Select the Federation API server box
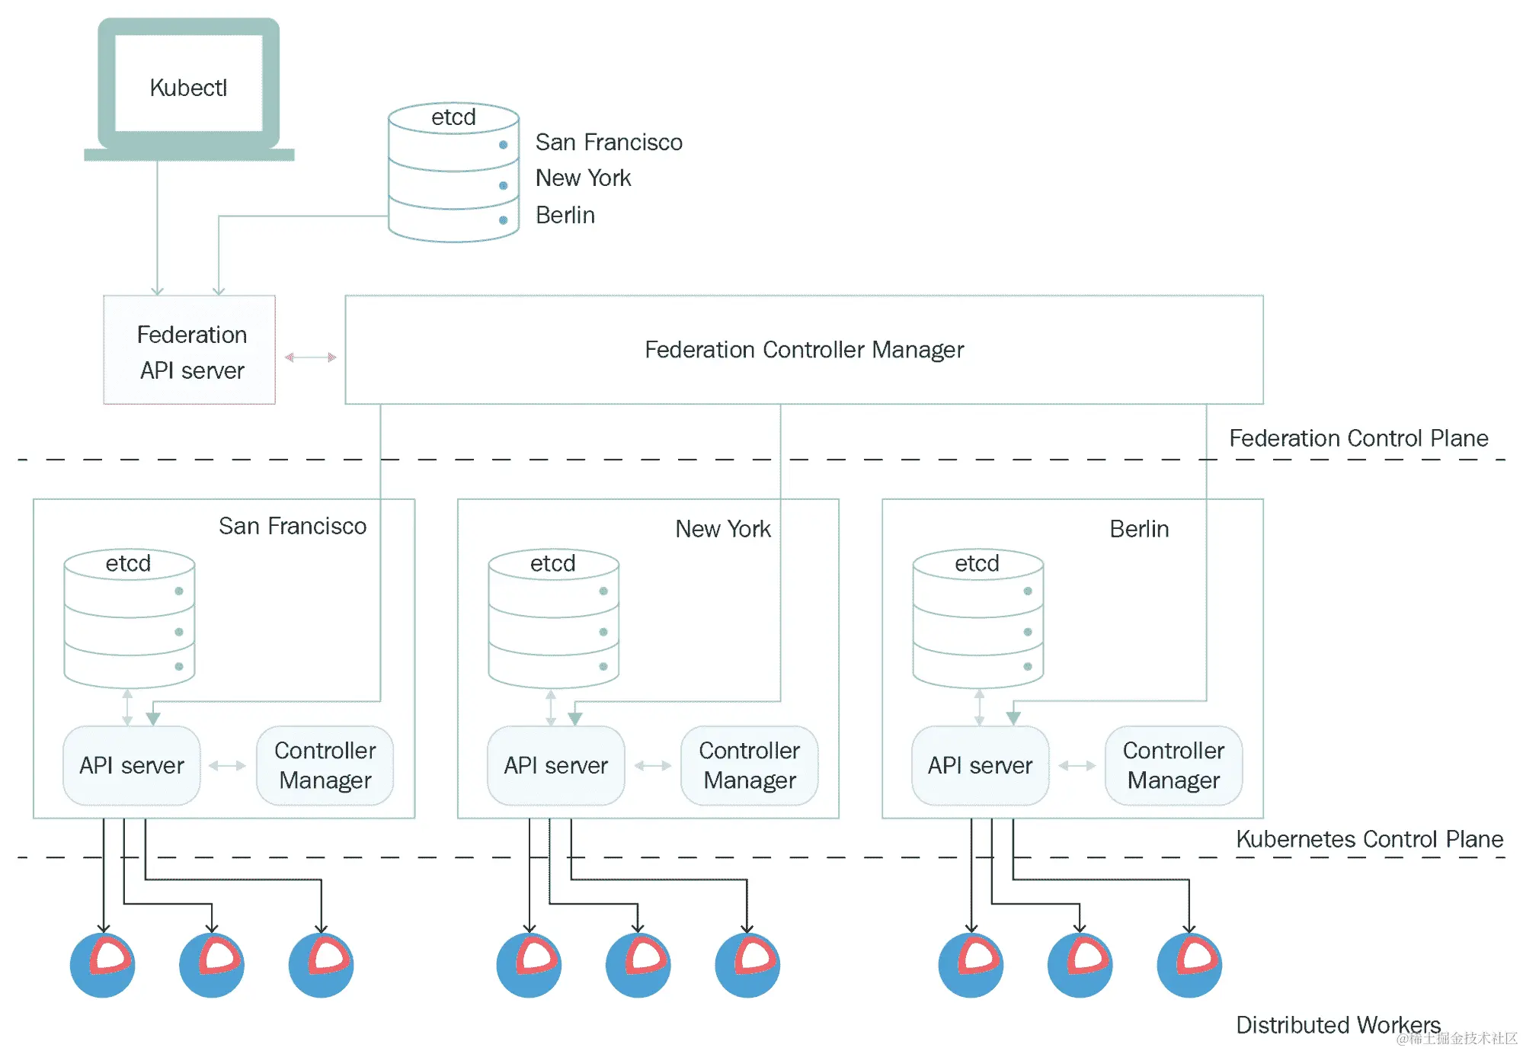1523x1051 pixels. click(x=190, y=351)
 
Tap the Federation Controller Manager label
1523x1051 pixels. click(x=804, y=350)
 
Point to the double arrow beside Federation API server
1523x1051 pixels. click(x=310, y=357)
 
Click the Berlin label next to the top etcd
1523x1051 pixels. click(x=565, y=216)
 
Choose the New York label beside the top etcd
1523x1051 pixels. click(x=583, y=178)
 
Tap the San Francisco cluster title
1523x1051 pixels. click(x=293, y=526)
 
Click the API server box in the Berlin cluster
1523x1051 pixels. click(x=980, y=765)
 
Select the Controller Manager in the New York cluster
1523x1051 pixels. click(x=749, y=765)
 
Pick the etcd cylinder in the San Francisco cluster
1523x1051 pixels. click(x=130, y=619)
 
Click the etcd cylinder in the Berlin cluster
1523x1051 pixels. click(x=978, y=619)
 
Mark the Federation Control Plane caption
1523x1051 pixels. click(x=1358, y=438)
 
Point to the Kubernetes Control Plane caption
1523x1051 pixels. click(x=1369, y=839)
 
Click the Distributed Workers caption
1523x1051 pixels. click(x=1338, y=1025)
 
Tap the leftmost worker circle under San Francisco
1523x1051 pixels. click(x=103, y=965)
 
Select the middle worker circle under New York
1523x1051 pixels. click(x=638, y=965)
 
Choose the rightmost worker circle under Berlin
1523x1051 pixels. click(x=1189, y=965)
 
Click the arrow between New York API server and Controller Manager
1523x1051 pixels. click(x=653, y=766)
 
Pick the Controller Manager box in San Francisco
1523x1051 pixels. click(x=325, y=765)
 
